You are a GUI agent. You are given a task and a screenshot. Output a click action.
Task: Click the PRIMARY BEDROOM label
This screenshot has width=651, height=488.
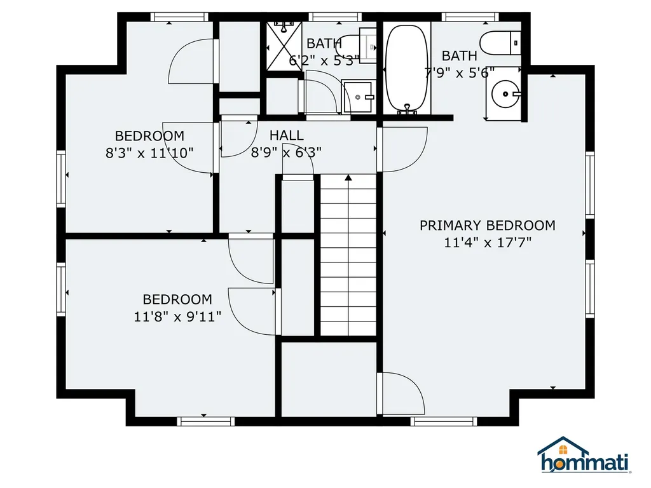pos(487,226)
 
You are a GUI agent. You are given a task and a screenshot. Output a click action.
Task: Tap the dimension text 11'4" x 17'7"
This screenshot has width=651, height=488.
pos(487,242)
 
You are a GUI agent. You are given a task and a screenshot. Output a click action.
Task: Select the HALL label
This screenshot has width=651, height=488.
pos(286,135)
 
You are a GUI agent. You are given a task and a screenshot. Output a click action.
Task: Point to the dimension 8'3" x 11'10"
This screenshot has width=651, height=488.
pos(149,152)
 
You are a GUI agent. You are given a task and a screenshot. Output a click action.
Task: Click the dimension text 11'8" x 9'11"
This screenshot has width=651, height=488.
pos(177,316)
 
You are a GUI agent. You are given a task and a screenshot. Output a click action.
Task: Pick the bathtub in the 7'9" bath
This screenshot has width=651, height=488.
pos(407,67)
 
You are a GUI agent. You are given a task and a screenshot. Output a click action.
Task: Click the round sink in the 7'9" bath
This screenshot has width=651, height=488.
pos(507,95)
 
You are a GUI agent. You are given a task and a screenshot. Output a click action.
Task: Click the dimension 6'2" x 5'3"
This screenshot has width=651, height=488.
pos(324,60)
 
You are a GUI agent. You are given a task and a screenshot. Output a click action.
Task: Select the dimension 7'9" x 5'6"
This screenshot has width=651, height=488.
pos(459,72)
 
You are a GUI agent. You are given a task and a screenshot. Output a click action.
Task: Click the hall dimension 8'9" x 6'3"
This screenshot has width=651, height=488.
pos(286,152)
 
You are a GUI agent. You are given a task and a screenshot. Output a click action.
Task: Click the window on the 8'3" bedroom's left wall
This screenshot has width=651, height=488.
pos(61,179)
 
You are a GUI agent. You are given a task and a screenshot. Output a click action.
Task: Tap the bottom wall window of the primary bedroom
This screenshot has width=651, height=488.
pos(443,421)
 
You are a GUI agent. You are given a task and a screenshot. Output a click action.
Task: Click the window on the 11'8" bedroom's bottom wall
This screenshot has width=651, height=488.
pos(205,421)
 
